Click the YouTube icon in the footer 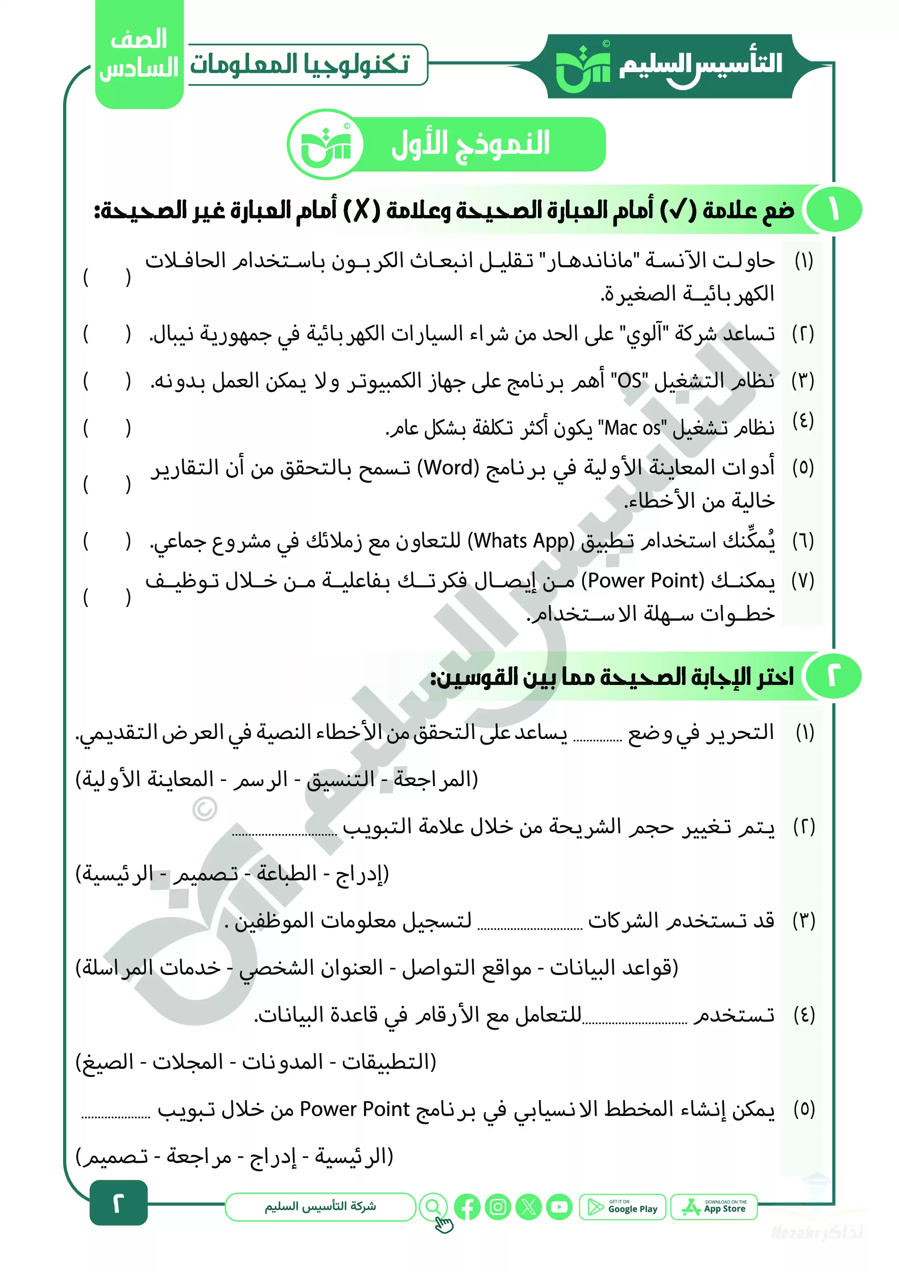pyautogui.click(x=559, y=1207)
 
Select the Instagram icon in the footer pyautogui.click(x=498, y=1207)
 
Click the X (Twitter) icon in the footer pyautogui.click(x=529, y=1207)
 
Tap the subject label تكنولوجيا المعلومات pyautogui.click(x=300, y=65)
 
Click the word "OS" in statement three pyautogui.click(x=630, y=381)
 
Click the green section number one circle pyautogui.click(x=834, y=210)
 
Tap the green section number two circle pyautogui.click(x=834, y=677)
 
